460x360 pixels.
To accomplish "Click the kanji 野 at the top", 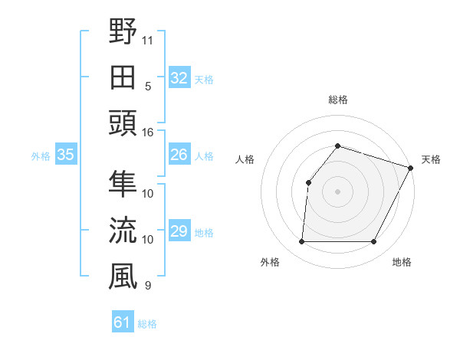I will (x=123, y=32).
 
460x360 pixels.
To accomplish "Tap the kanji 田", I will (x=123, y=77).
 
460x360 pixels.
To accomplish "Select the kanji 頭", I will (x=123, y=123).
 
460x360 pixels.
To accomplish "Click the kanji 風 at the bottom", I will (x=123, y=276).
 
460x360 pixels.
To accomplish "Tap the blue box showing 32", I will (x=179, y=77).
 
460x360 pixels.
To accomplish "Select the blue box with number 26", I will (x=179, y=155).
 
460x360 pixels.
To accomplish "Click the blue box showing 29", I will (x=179, y=231).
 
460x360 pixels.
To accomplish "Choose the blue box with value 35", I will (x=65, y=155).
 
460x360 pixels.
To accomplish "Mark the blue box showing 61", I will (x=123, y=322).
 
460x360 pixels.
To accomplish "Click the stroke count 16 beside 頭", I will (x=147, y=132).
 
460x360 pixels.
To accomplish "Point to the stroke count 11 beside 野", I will (x=147, y=40).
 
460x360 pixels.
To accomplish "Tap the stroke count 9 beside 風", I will (x=147, y=286).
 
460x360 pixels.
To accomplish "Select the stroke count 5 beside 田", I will (x=147, y=86).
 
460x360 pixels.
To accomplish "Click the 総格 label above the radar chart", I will (x=337, y=100).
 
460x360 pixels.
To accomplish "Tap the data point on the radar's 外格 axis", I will (x=301, y=242).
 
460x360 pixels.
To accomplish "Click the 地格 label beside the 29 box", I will (x=204, y=233).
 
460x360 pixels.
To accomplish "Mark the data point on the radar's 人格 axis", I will (x=308, y=182).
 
